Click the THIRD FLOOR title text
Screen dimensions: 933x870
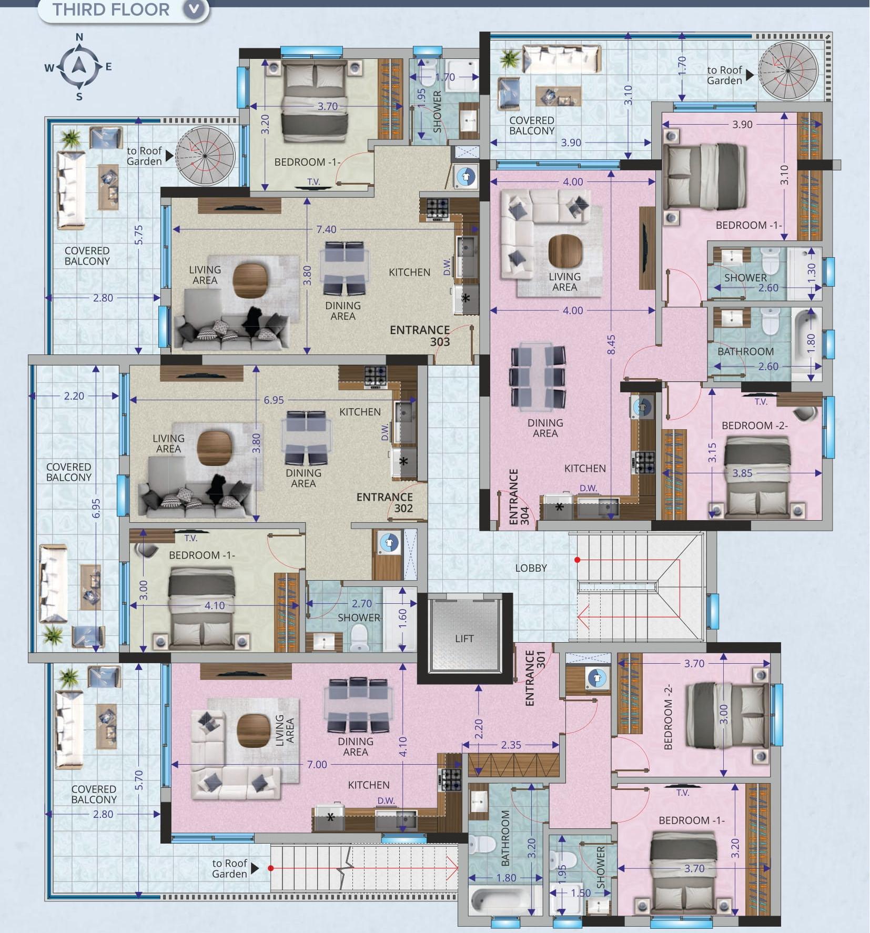click(x=111, y=9)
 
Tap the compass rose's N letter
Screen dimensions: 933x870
click(x=79, y=37)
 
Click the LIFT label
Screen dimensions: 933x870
click(x=464, y=638)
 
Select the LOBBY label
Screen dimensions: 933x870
click(x=531, y=568)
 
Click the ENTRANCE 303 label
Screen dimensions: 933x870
click(x=420, y=336)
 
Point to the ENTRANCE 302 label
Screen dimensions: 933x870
click(x=385, y=502)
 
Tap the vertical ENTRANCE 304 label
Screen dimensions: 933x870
click(x=519, y=497)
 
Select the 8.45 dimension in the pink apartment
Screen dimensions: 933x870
click(x=611, y=344)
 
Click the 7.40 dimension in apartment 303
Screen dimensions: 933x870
click(x=326, y=229)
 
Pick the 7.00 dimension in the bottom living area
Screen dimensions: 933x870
click(x=317, y=764)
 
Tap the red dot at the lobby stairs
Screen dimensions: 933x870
click(x=577, y=560)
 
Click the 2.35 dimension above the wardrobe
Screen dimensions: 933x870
click(x=511, y=745)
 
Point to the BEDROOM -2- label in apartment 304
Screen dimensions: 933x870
click(x=754, y=425)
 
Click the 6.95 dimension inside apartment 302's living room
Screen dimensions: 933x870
click(x=274, y=400)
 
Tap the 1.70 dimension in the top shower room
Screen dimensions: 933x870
click(x=445, y=77)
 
